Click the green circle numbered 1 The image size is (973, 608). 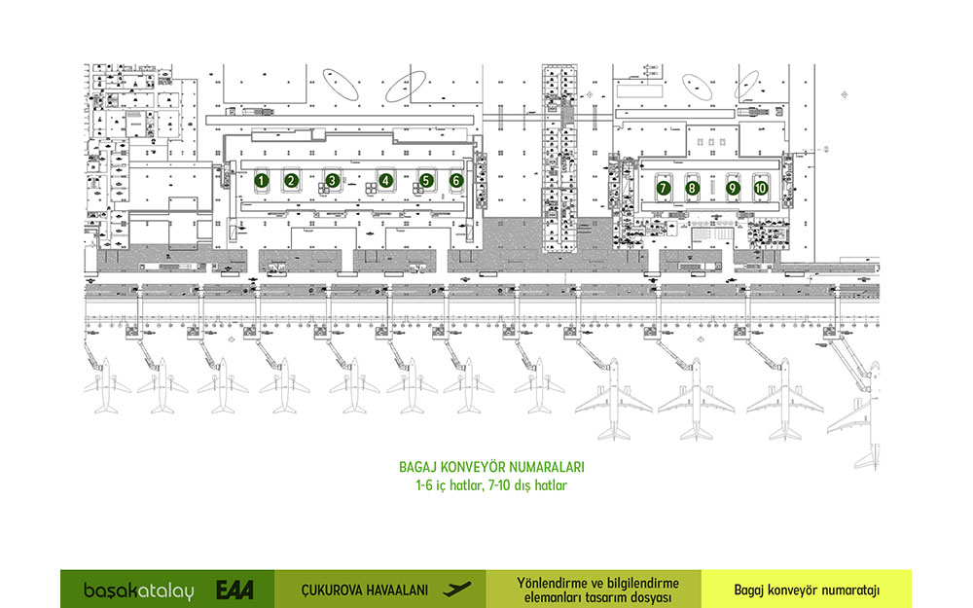click(261, 180)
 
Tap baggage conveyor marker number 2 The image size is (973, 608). click(291, 180)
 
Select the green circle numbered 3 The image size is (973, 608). click(333, 180)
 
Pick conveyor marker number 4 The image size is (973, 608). click(386, 180)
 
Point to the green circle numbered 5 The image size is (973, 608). click(426, 180)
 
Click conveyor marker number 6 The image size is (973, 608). click(456, 180)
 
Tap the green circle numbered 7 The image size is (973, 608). click(664, 187)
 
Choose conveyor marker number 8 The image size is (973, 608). click(692, 187)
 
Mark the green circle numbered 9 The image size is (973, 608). click(734, 187)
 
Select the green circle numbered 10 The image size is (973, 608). click(761, 187)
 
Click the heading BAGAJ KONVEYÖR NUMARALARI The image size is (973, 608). click(491, 467)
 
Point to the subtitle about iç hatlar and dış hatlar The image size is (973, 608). click(491, 483)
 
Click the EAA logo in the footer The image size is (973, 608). click(234, 590)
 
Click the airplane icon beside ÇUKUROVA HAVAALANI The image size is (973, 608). click(455, 589)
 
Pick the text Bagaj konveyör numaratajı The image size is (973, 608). click(807, 590)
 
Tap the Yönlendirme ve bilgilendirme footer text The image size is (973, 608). click(594, 590)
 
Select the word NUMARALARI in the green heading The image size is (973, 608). click(545, 467)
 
